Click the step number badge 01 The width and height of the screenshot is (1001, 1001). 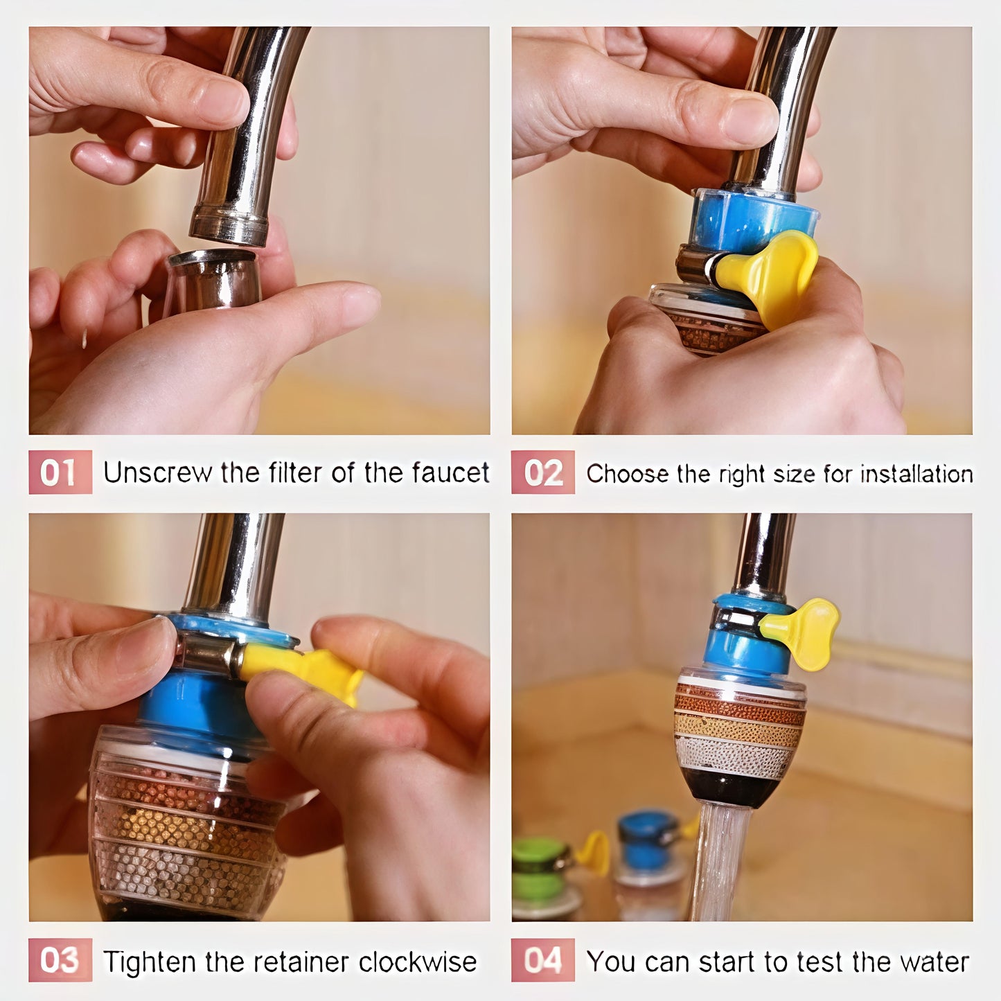60,472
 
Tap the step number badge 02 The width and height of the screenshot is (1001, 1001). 543,472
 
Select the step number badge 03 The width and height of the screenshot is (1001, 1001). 60,960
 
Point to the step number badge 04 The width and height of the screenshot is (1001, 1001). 543,960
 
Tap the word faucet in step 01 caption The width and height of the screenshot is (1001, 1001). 450,473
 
